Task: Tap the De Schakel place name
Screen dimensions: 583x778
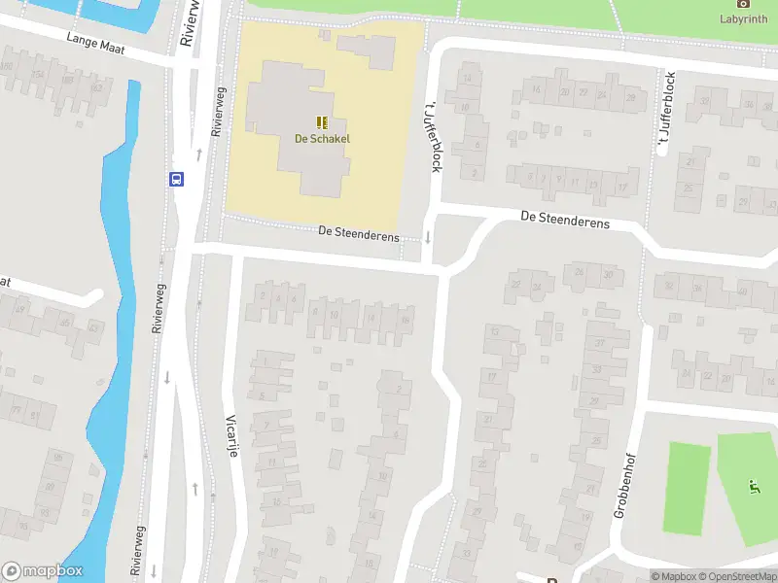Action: click(322, 138)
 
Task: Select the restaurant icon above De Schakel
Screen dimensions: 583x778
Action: click(322, 121)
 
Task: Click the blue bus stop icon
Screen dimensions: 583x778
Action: click(177, 179)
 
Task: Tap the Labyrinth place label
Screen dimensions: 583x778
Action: click(743, 18)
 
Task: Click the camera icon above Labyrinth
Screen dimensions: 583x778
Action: click(743, 4)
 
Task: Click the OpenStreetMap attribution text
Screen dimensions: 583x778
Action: click(737, 576)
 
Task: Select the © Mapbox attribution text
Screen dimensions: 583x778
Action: click(673, 576)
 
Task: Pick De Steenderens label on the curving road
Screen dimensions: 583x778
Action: click(564, 223)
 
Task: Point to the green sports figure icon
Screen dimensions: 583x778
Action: click(752, 485)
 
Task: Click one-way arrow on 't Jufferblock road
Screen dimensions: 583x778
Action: click(427, 237)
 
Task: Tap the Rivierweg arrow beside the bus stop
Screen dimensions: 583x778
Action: click(199, 154)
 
